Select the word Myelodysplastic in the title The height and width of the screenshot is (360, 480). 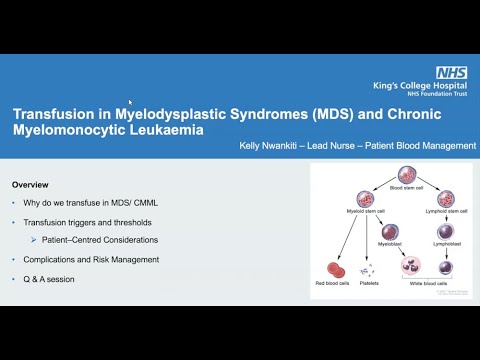(x=177, y=114)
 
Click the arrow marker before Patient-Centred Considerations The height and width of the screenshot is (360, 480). (x=35, y=241)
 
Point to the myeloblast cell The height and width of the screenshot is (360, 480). (x=390, y=233)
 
